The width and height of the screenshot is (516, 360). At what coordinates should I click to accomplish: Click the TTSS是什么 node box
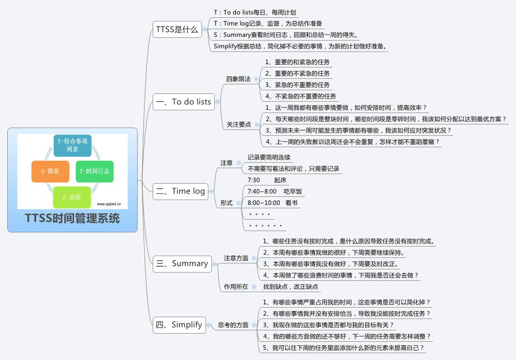[x=177, y=30]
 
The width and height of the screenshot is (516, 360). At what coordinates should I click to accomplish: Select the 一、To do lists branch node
[x=183, y=102]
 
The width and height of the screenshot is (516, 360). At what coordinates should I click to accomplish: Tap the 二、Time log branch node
[x=181, y=191]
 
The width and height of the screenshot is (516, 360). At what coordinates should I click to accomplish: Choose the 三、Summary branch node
[x=182, y=263]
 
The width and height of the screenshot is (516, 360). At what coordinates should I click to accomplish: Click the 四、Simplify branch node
[x=179, y=325]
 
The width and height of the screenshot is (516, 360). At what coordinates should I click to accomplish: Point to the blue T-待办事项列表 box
[x=72, y=145]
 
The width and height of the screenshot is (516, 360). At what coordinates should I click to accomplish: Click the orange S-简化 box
[x=50, y=171]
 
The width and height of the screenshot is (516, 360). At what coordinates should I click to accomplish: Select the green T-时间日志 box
[x=94, y=171]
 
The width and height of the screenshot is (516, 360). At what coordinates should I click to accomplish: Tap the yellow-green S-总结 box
[x=72, y=197]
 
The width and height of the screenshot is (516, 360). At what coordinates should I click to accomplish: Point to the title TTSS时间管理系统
[x=72, y=219]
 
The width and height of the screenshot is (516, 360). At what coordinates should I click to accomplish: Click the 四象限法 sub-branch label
[x=238, y=79]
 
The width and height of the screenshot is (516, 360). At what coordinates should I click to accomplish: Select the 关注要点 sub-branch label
[x=238, y=124]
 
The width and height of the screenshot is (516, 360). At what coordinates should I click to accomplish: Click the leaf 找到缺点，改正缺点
[x=290, y=287]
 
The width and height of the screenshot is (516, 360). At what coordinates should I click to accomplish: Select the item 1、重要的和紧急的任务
[x=297, y=62]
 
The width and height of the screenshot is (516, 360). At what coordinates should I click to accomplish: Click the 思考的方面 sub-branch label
[x=233, y=325]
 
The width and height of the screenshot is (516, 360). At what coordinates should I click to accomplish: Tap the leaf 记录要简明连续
[x=269, y=157]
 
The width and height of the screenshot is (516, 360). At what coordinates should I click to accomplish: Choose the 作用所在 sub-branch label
[x=236, y=287]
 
